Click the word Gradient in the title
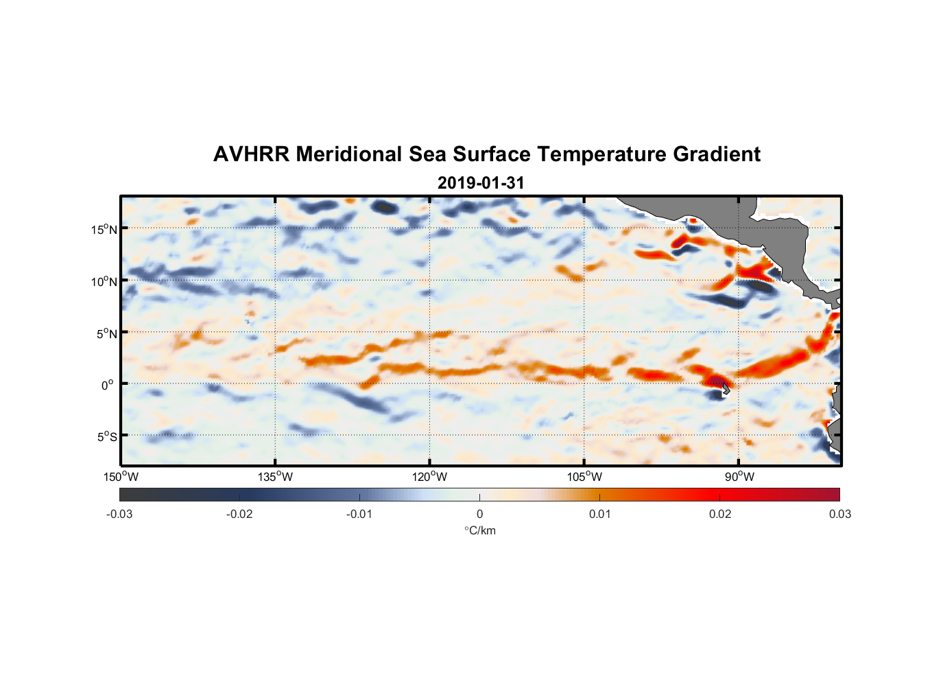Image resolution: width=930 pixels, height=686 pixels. pos(716,154)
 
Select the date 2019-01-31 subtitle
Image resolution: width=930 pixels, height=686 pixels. pos(481,183)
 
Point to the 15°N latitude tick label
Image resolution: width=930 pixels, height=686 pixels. pos(104,229)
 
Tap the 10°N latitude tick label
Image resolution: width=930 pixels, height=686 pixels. pos(104,281)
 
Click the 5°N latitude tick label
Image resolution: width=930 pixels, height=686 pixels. pos(106,333)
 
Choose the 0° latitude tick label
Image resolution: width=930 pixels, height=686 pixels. pos(108,385)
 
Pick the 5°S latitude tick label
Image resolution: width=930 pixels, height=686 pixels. pos(106,437)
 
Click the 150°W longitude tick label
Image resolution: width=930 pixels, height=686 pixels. pos(121,477)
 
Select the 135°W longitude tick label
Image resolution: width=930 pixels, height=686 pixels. pos(276,477)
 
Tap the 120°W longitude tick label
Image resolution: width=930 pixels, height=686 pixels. pos(430,477)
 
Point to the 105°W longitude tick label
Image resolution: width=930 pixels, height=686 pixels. pos(584,477)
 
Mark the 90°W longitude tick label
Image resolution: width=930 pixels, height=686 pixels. pos(739,477)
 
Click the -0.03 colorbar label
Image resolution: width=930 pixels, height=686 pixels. pos(119,514)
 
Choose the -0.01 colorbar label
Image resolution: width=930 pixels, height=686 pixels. pos(359,514)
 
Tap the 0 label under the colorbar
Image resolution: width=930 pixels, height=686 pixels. pos(479,514)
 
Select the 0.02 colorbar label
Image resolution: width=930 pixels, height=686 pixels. pos(720,514)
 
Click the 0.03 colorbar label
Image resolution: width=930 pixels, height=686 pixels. pos(839,514)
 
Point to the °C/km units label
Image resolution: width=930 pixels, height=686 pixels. pos(479,530)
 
